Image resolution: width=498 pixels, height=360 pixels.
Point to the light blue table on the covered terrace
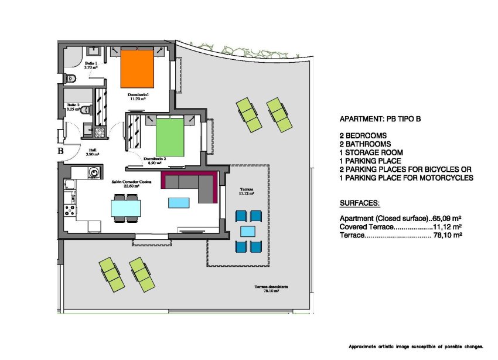248,231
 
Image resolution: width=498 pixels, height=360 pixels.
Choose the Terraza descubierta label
271,288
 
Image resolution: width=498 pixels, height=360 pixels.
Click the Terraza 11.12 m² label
247,191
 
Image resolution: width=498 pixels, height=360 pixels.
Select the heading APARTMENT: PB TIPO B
380,119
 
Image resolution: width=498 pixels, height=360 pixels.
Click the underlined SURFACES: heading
360,203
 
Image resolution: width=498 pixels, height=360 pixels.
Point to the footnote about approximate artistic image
415,347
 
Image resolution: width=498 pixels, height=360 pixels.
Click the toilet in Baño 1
73,78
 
